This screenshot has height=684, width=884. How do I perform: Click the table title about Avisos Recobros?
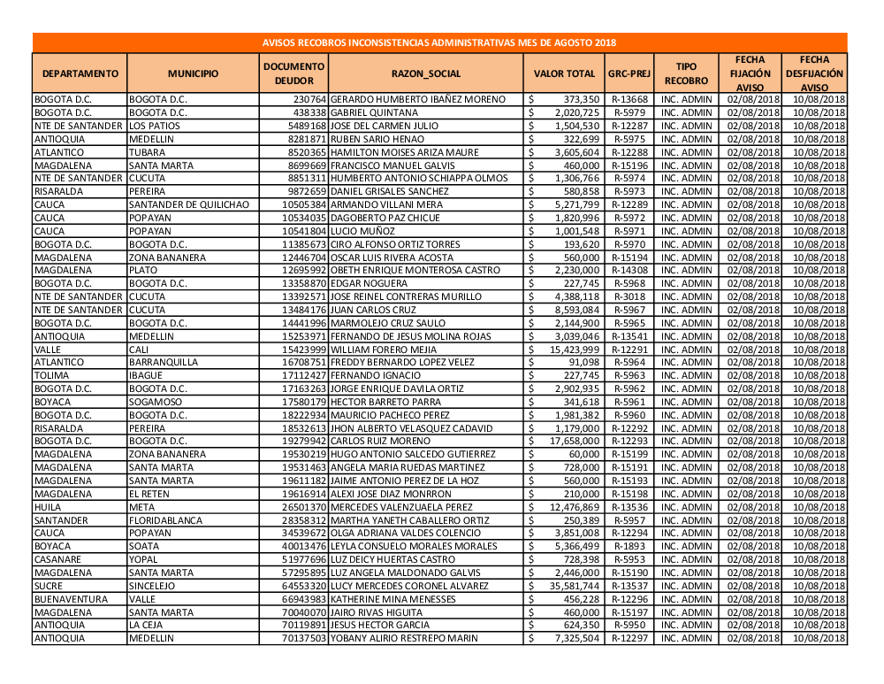point(439,42)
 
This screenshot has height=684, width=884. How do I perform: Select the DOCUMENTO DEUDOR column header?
point(295,73)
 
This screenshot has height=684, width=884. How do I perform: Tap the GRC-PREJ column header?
point(629,73)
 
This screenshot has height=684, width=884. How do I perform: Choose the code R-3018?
point(629,296)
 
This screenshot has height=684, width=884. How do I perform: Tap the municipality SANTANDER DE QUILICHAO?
point(188,204)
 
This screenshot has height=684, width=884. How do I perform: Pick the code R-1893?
point(629,546)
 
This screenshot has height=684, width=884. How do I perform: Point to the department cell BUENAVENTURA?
point(70,599)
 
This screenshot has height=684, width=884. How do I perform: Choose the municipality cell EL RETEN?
point(149,494)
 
